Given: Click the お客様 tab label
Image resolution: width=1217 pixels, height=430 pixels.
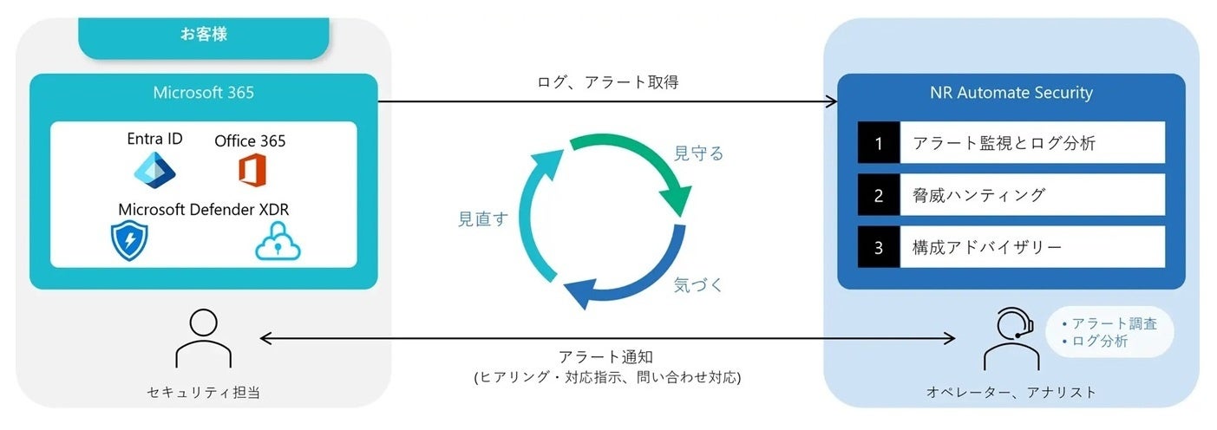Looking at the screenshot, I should (204, 36).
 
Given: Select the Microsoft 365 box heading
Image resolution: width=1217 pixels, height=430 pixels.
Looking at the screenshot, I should (204, 92).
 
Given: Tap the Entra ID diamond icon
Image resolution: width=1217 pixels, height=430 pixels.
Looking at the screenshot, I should (155, 169).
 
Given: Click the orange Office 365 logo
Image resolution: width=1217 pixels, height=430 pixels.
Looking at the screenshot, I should (251, 169).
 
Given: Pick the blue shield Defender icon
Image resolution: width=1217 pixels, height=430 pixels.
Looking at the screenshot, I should (129, 240).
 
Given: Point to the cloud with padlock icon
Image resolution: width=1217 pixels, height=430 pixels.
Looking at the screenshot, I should (278, 241).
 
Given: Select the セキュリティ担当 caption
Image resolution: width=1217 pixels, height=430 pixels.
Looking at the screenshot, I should (203, 392).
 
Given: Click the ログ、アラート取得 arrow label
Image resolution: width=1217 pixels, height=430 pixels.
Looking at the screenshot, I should (607, 83).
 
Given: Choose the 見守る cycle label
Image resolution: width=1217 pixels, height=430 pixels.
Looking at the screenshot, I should (698, 153).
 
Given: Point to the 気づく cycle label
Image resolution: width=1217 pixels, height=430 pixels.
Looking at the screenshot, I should (698, 284).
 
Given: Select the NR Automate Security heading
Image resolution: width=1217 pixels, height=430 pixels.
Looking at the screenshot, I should (1011, 92).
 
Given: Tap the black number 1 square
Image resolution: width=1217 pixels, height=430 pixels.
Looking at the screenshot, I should (879, 143).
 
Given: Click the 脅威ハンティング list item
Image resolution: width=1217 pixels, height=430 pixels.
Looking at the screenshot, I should (978, 195).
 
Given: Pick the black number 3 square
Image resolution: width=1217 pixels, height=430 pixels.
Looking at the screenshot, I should (879, 247).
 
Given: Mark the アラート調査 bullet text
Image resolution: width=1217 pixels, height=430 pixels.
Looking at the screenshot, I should (1114, 323).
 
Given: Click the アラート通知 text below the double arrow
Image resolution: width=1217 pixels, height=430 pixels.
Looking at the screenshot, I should (607, 357).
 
